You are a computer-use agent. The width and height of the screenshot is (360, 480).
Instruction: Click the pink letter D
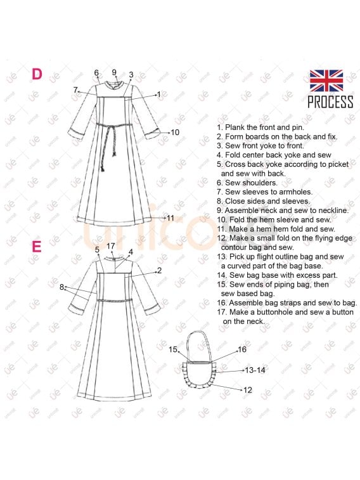(x=37, y=74)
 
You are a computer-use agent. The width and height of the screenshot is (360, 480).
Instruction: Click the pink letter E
(x=36, y=247)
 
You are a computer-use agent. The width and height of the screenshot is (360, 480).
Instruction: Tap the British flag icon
(x=326, y=81)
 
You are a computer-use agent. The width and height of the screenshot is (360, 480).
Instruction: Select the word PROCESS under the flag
(x=330, y=102)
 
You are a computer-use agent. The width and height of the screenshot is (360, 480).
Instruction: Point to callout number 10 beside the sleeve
(x=175, y=133)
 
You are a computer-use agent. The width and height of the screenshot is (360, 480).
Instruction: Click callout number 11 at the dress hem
(x=170, y=218)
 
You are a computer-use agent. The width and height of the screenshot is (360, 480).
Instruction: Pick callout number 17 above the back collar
(x=111, y=246)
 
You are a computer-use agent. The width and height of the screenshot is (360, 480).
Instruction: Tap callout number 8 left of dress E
(x=61, y=287)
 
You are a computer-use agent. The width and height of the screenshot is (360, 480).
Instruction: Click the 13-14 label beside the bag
(x=255, y=370)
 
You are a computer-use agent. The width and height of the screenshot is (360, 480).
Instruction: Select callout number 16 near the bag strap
(x=242, y=349)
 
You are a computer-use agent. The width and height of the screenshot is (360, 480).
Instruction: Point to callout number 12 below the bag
(x=248, y=390)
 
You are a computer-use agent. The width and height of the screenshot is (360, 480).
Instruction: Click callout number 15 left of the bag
(x=173, y=349)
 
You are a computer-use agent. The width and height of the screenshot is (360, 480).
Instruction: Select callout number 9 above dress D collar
(x=114, y=72)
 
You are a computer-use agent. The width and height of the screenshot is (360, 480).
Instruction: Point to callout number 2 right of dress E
(x=159, y=271)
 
